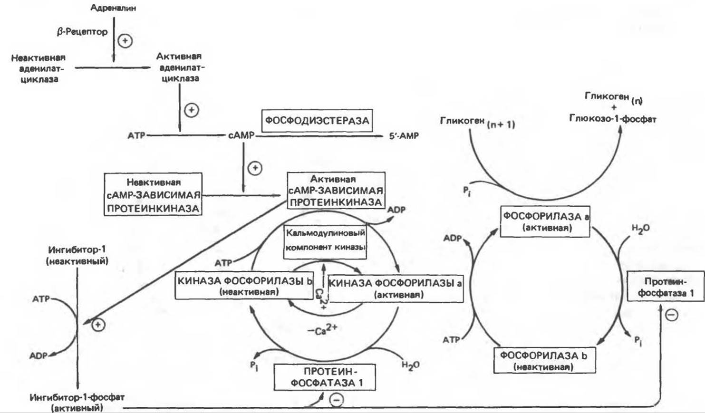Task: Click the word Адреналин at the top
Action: [x=113, y=8]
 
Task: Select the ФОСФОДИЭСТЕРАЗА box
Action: [x=317, y=121]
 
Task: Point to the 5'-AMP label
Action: [x=404, y=136]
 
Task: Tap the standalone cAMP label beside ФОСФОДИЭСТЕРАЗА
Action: [x=241, y=135]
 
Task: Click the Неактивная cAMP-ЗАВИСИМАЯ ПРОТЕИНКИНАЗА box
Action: [x=153, y=194]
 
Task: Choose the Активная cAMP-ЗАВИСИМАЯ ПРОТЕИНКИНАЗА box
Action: [x=336, y=191]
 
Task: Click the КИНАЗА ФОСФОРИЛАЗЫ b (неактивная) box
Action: [x=244, y=286]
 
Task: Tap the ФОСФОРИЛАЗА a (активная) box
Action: [x=546, y=221]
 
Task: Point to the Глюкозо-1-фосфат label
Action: [x=612, y=119]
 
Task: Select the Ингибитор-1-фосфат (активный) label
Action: [x=77, y=402]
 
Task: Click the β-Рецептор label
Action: [x=82, y=32]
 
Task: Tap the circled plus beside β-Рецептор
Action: [x=125, y=41]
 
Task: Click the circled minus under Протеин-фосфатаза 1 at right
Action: [x=671, y=315]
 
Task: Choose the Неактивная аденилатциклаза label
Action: [x=39, y=68]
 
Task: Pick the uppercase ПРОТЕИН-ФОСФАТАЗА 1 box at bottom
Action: [x=325, y=377]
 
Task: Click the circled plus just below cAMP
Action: [x=255, y=168]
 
